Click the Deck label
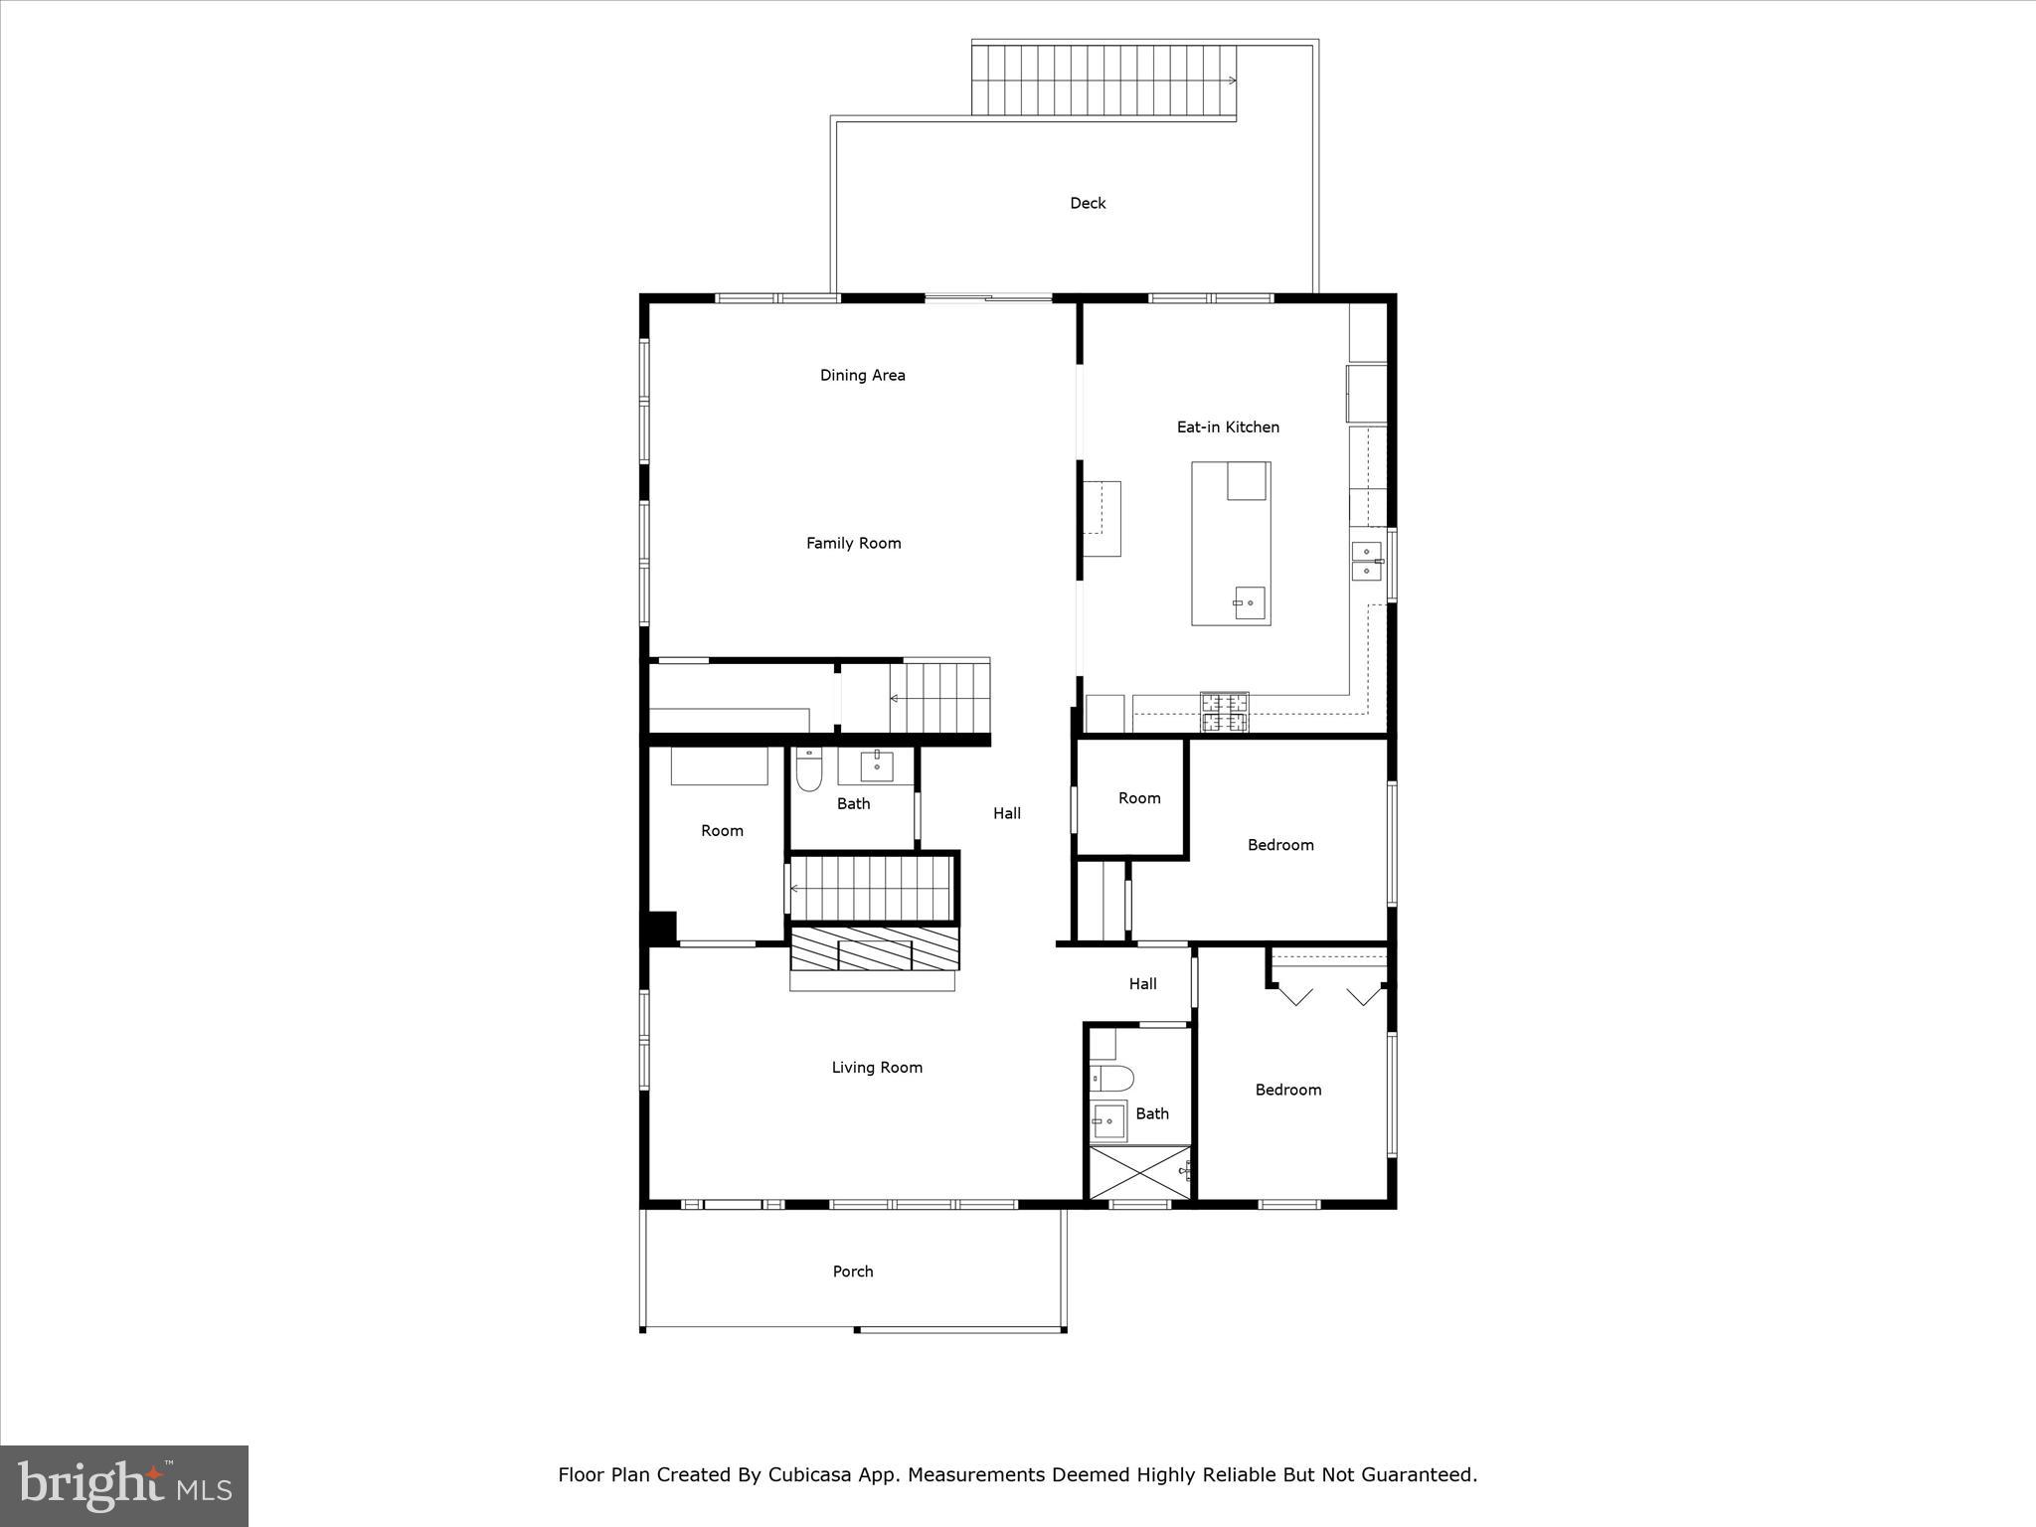[1088, 203]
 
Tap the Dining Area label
[862, 375]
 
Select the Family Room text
[853, 543]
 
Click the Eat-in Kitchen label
[1228, 426]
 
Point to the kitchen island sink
[1249, 602]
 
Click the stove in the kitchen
[1225, 712]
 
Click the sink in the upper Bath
[877, 766]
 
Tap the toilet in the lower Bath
[1111, 1077]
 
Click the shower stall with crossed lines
[1139, 1173]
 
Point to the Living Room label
[877, 1068]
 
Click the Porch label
[853, 1272]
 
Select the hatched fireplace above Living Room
[875, 948]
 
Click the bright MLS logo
[124, 1486]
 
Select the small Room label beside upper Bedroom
[1139, 798]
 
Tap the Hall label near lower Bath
[1142, 984]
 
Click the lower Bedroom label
[1287, 1090]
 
